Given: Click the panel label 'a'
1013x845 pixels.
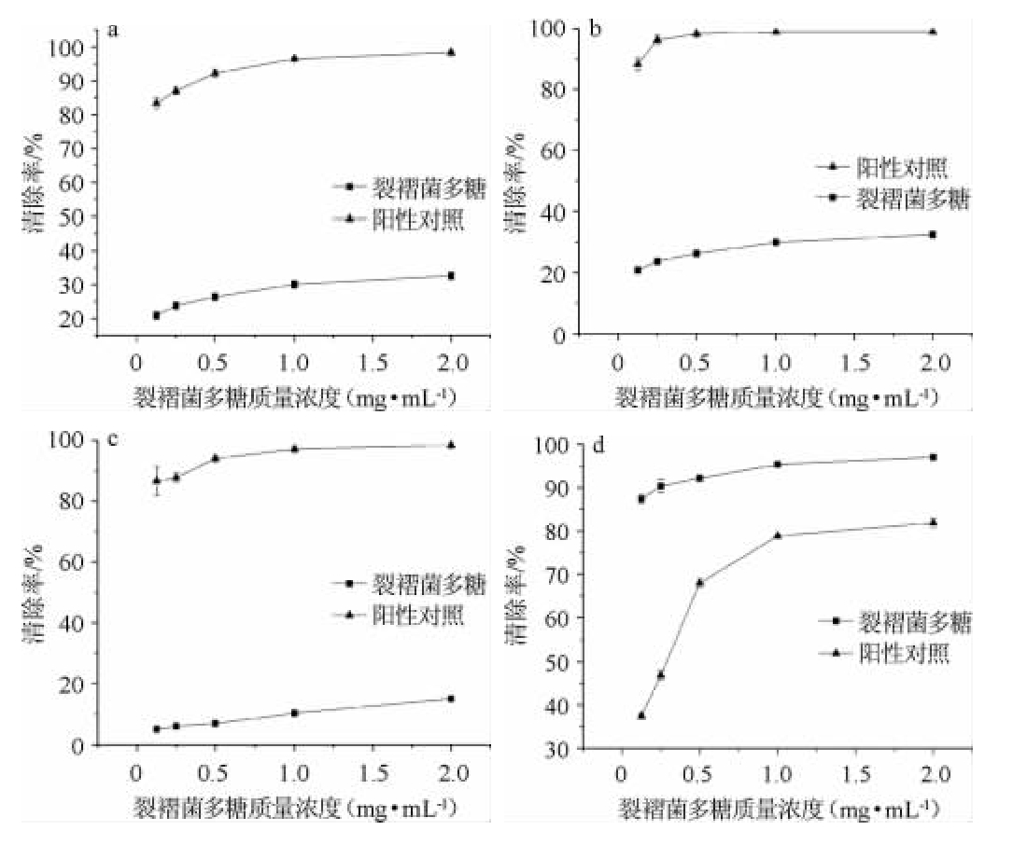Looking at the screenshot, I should coord(114,30).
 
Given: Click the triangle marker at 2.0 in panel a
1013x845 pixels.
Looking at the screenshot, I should coord(451,52).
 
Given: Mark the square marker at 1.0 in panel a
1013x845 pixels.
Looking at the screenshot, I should coord(294,284).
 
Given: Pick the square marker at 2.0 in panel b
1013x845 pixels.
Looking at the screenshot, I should coord(932,234).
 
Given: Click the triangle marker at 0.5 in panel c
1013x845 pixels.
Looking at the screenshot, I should coord(216,458).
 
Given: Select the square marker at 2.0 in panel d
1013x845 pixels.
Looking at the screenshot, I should coord(933,457).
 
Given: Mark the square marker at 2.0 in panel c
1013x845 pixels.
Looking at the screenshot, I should coord(451,699).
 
